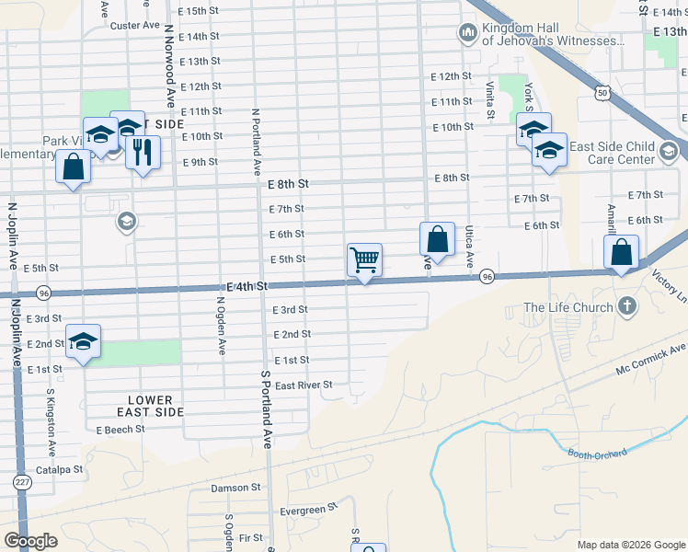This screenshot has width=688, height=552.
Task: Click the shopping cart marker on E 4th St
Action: coord(365,261)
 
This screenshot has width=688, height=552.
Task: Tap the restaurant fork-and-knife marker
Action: coord(143,153)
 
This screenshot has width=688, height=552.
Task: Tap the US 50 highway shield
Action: coord(602,92)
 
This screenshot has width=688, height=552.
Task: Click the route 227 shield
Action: coord(22,481)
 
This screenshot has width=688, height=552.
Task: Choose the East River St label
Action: coord(303,385)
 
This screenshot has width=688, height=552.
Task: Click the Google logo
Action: coord(30,541)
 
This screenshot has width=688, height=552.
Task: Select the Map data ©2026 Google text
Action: coord(630,545)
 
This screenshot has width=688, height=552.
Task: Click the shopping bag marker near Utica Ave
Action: coord(438,239)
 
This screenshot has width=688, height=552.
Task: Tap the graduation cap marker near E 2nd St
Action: coord(84,341)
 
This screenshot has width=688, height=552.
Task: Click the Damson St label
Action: coord(236,488)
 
